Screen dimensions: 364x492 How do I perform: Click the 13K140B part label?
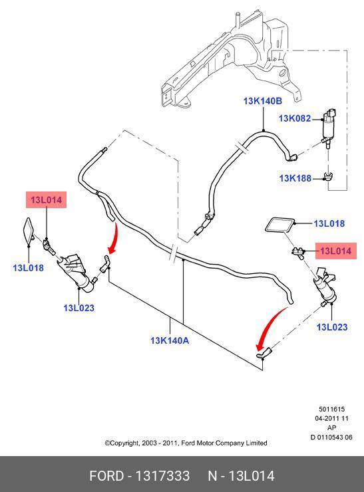[263, 101]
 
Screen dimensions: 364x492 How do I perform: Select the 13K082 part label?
[295, 118]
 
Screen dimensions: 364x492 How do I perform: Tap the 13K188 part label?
[295, 178]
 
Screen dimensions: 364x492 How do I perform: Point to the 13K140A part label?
[170, 340]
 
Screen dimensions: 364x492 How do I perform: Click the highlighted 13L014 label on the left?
[46, 199]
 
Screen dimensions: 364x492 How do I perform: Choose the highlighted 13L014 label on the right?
[336, 251]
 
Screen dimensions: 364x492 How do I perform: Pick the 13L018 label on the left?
[28, 268]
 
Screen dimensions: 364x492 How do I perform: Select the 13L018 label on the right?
[329, 223]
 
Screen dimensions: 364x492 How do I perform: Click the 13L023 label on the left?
[79, 308]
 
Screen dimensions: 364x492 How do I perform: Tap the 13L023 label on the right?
[332, 327]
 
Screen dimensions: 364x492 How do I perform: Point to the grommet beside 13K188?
[329, 177]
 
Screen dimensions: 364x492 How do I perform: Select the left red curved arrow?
[114, 239]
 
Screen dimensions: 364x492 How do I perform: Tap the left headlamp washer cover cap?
[29, 231]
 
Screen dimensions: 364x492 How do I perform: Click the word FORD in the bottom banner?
[106, 476]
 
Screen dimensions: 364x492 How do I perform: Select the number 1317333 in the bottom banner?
[162, 476]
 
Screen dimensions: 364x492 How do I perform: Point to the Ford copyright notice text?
[186, 443]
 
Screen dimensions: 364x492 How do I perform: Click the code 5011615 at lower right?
[331, 409]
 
